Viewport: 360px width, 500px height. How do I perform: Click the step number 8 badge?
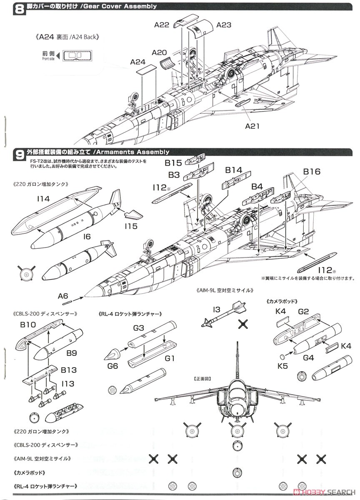(7, 7)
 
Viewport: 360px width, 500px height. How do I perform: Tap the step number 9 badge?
(7, 154)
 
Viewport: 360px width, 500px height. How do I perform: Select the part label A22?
(161, 25)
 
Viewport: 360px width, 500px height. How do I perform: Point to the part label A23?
(223, 25)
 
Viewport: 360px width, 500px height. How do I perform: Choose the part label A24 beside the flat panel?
(137, 62)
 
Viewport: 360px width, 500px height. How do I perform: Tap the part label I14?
(43, 199)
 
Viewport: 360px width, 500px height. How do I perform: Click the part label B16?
(311, 172)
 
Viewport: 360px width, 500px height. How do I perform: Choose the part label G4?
(308, 358)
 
